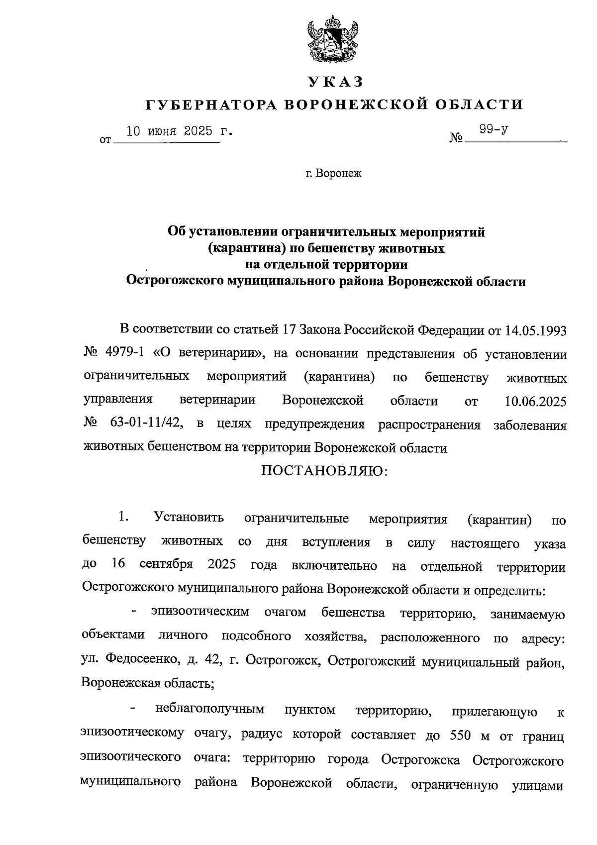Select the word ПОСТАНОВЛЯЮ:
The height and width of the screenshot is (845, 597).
click(324, 470)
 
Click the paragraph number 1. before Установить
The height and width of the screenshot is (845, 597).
click(124, 518)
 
